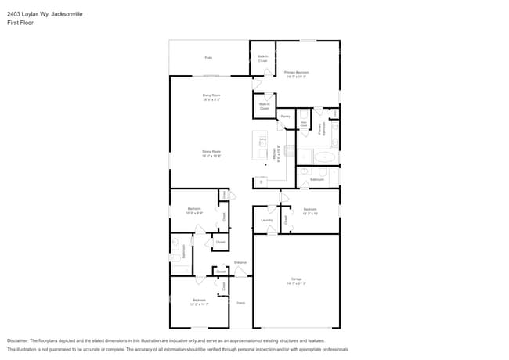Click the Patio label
pyautogui.click(x=208, y=57)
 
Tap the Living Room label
pyautogui.click(x=211, y=96)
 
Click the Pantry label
pyautogui.click(x=285, y=116)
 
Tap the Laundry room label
pyautogui.click(x=266, y=221)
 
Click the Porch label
pyautogui.click(x=241, y=303)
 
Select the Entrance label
pyautogui.click(x=240, y=261)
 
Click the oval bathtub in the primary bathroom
pyautogui.click(x=324, y=157)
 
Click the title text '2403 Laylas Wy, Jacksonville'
pyautogui.click(x=45, y=14)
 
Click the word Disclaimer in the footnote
pyautogui.click(x=18, y=341)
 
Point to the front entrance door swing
pyautogui.click(x=240, y=272)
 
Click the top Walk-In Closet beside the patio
pyautogui.click(x=263, y=57)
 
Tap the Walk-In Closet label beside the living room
pyautogui.click(x=264, y=106)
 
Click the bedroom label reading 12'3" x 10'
pyautogui.click(x=310, y=211)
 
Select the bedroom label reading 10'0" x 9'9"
pyautogui.click(x=195, y=210)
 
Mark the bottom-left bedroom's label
pyautogui.click(x=199, y=301)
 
